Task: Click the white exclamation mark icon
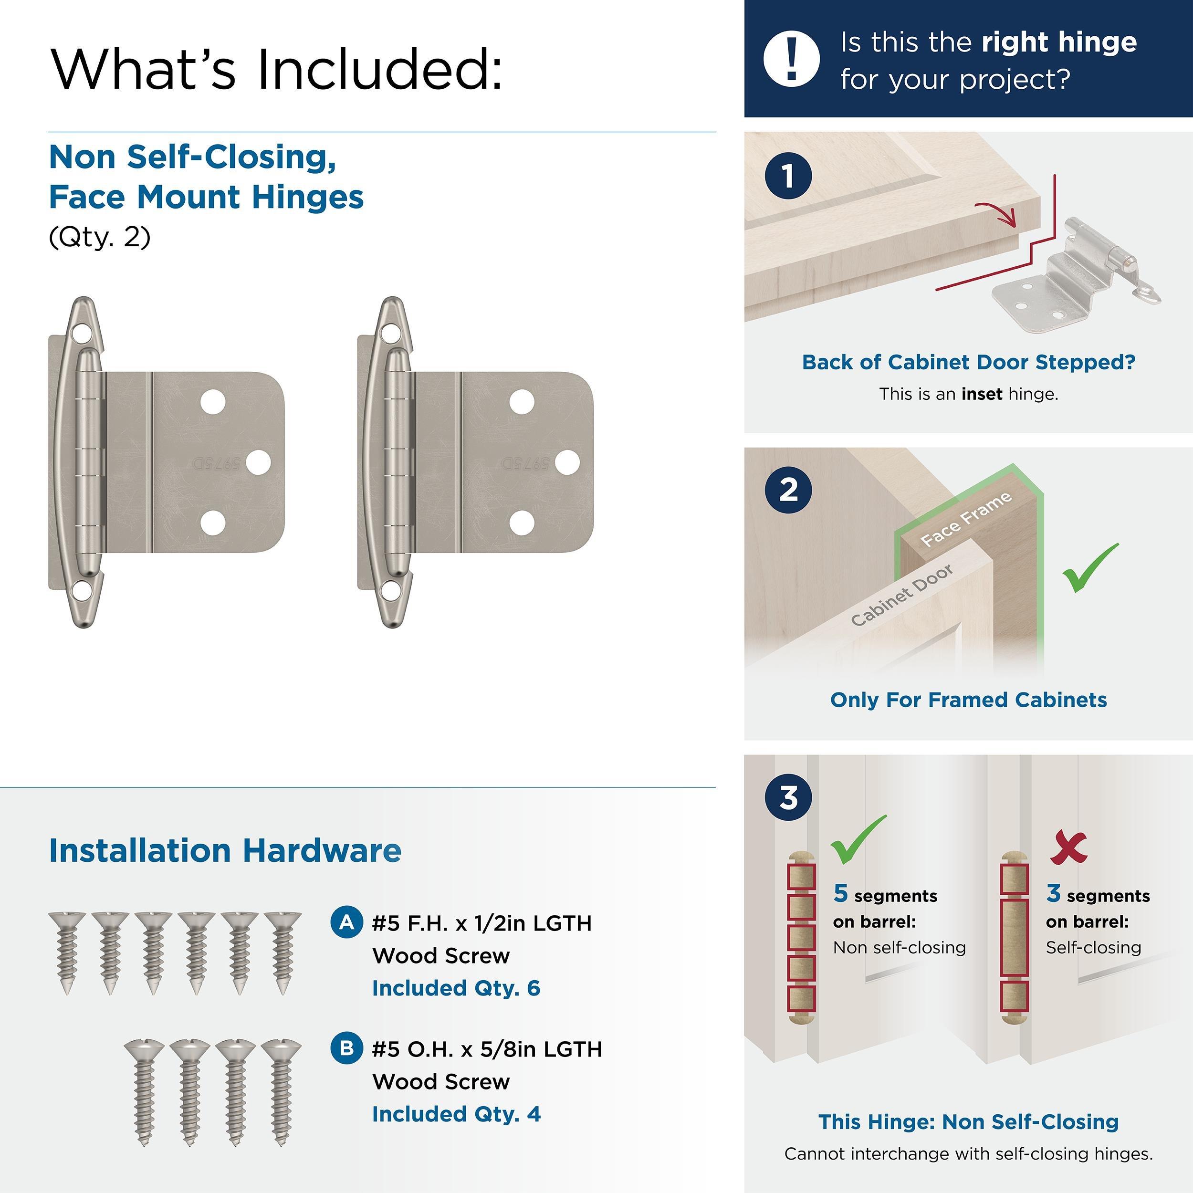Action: click(x=791, y=59)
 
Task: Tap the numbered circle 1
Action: click(x=788, y=176)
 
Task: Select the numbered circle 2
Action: click(x=788, y=490)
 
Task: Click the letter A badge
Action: click(x=347, y=922)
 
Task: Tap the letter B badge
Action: click(x=347, y=1048)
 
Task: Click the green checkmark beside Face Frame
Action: click(x=1090, y=567)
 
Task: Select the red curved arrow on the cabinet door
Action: click(x=995, y=212)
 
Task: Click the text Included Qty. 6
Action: click(x=456, y=988)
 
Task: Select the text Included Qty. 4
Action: click(x=456, y=1114)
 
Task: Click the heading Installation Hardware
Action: click(x=225, y=850)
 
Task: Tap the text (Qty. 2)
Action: click(x=99, y=237)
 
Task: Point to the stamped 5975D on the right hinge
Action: click(x=524, y=463)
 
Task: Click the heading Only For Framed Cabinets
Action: click(x=968, y=700)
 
